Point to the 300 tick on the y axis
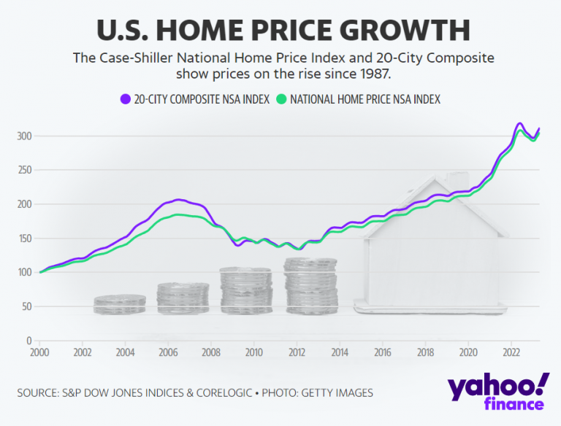(25, 136)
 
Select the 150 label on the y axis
(25, 239)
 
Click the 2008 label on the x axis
(210, 353)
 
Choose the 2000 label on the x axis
(39, 353)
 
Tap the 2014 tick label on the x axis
(339, 353)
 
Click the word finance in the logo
(513, 405)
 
